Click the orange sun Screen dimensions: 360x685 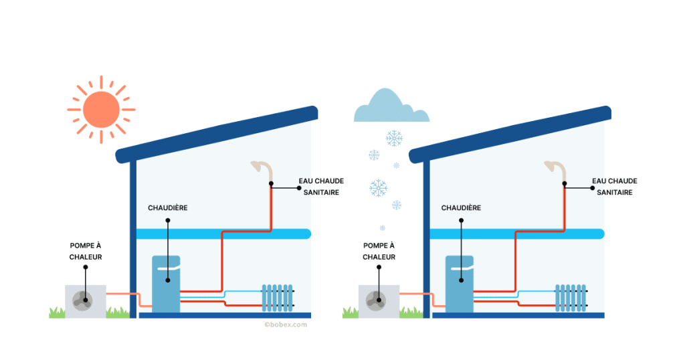tap(102, 109)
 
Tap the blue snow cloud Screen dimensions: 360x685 tap(391, 110)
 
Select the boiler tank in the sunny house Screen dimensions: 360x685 tap(166, 282)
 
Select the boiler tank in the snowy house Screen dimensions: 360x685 tap(460, 282)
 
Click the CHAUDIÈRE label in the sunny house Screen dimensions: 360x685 tap(167, 208)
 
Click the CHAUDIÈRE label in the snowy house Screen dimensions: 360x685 tap(461, 208)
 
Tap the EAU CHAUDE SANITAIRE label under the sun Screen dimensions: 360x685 tap(320, 187)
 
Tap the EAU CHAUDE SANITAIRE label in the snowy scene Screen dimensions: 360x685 tap(614, 187)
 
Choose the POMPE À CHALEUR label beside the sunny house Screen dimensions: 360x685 tap(86, 251)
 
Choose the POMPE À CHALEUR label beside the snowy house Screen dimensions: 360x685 tap(379, 251)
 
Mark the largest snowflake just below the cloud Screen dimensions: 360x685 tap(394, 139)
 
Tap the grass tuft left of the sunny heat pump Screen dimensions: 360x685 tap(57, 312)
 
